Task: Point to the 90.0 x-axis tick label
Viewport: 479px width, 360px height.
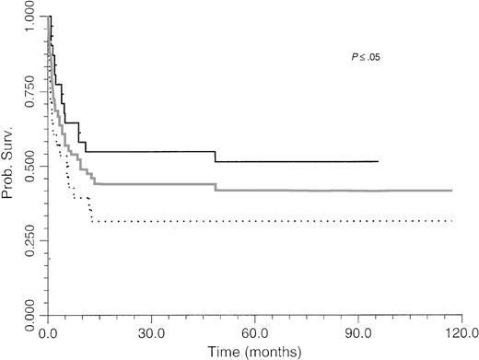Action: click(x=356, y=330)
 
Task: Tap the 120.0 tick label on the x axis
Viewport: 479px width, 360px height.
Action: click(x=456, y=330)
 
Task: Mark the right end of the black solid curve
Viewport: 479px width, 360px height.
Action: click(x=378, y=161)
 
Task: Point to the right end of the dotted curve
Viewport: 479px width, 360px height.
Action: click(x=452, y=221)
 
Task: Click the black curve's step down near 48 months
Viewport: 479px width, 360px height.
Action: click(x=216, y=157)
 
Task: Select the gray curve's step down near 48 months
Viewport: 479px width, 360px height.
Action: click(x=216, y=187)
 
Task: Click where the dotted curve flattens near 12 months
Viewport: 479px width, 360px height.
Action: click(x=92, y=221)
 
